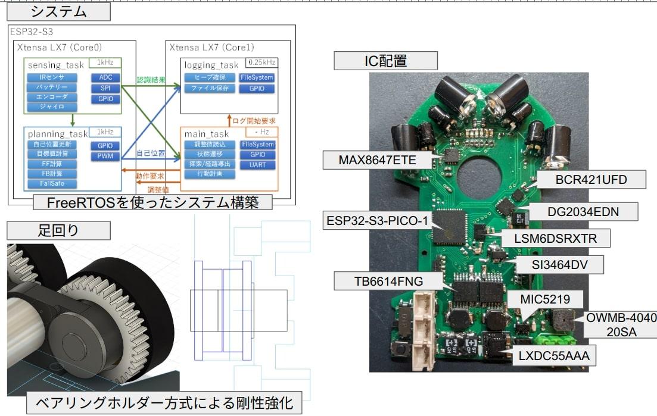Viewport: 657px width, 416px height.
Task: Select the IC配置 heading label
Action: coord(385,61)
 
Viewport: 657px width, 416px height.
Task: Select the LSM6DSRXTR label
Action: coord(556,239)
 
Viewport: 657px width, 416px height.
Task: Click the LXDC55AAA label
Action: coord(555,356)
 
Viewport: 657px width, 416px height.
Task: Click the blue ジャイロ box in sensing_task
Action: coord(52,107)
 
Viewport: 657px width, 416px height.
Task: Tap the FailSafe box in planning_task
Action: coord(52,183)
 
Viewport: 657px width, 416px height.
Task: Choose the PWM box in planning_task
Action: coord(105,157)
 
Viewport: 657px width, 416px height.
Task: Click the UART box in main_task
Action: coord(257,164)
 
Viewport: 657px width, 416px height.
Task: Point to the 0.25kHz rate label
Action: coord(269,61)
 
